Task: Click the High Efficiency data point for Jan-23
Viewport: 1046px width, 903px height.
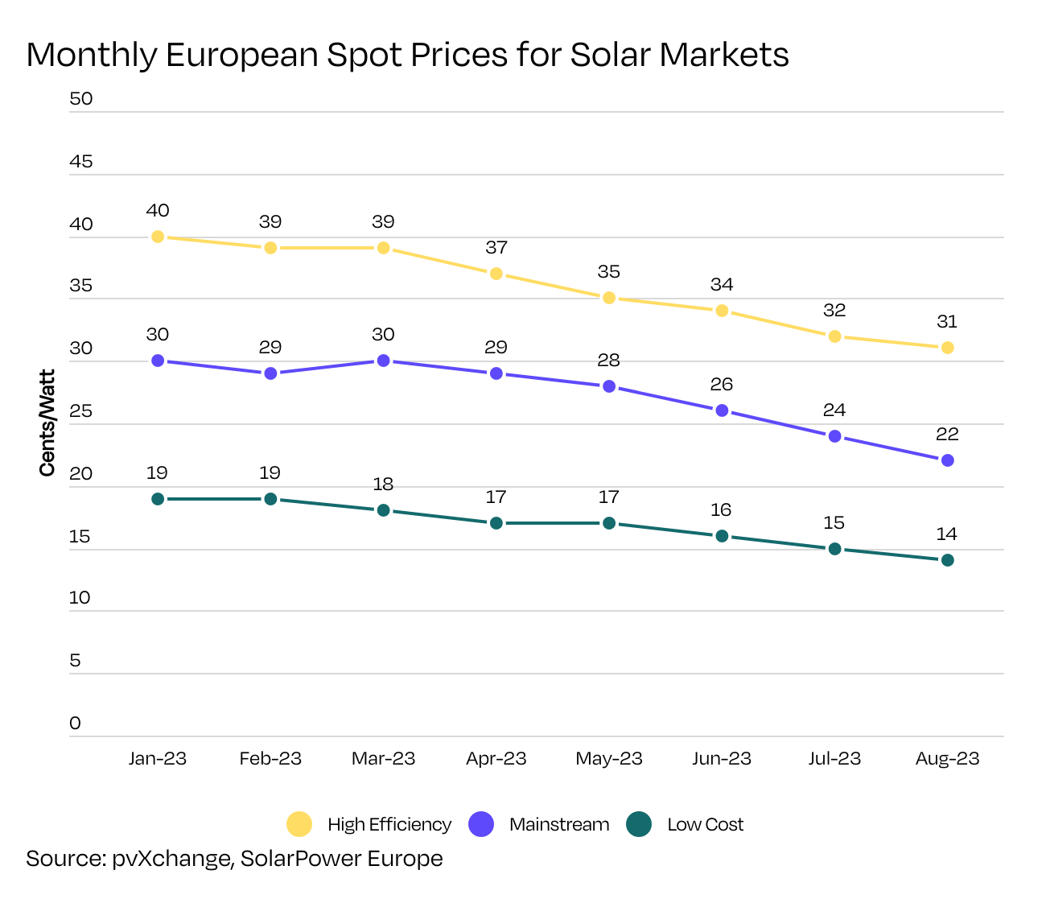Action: pos(158,237)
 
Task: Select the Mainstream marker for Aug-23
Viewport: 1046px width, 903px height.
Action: pos(947,460)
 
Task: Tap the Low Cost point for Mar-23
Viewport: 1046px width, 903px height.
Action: pos(383,510)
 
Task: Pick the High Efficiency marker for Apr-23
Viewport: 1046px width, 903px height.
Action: pos(496,274)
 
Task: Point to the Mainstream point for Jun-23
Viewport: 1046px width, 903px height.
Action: pos(722,410)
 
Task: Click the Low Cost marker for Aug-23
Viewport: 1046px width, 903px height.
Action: pos(947,560)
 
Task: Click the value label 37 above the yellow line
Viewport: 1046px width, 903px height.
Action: pos(496,248)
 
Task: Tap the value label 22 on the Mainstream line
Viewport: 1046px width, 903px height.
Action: pos(947,435)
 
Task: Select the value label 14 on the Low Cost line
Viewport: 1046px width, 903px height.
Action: pos(947,534)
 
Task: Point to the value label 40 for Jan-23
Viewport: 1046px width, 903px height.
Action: pos(158,211)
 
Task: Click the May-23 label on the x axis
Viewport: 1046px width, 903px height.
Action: pos(609,759)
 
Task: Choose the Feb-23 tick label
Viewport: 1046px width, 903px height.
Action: pos(270,759)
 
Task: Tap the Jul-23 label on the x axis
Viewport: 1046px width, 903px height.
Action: pos(834,759)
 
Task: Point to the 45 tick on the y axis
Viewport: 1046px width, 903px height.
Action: pos(81,162)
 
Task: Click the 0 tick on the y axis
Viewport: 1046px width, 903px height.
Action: pos(76,724)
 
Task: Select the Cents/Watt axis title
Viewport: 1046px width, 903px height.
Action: pos(47,423)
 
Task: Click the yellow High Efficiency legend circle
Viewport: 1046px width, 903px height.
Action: pos(299,824)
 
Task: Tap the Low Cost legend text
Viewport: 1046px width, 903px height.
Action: pos(705,825)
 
